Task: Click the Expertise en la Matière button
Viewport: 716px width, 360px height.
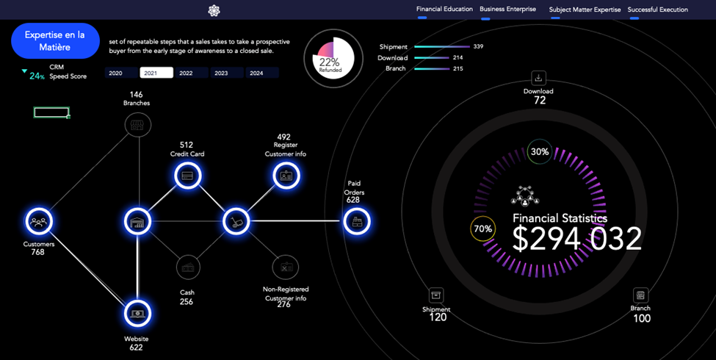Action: click(55, 40)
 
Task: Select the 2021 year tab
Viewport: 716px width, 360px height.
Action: click(156, 73)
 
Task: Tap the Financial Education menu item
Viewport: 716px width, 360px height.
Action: click(444, 10)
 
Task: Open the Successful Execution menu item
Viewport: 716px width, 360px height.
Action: click(657, 10)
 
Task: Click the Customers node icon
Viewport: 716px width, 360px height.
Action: click(39, 221)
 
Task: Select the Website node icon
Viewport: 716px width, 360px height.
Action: click(137, 313)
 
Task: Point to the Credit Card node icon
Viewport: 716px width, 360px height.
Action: click(187, 176)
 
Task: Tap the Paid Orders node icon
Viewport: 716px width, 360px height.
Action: click(357, 221)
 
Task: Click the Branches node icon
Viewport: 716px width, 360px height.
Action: click(137, 126)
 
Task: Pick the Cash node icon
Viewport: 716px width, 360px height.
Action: click(188, 267)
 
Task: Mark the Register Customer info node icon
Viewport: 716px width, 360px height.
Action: click(286, 176)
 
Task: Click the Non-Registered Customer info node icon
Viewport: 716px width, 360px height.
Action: click(285, 267)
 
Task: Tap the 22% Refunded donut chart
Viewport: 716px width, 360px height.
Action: click(333, 59)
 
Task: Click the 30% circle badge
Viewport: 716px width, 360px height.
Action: click(540, 152)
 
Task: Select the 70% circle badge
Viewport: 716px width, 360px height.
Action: click(482, 228)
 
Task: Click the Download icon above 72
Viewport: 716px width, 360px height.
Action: click(538, 78)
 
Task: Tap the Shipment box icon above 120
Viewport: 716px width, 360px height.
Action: click(436, 295)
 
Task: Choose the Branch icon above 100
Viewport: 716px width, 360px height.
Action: click(640, 295)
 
